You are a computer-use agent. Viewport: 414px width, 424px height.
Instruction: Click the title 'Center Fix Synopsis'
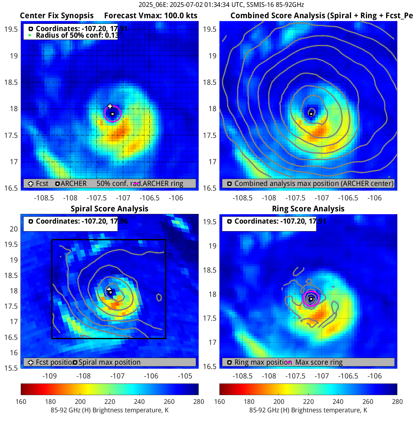tap(57, 16)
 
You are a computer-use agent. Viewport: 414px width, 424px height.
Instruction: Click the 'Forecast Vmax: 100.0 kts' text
tap(151, 16)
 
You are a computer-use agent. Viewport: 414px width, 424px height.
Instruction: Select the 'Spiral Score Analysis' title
tap(109, 209)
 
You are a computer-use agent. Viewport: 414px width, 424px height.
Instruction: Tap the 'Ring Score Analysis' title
tap(308, 209)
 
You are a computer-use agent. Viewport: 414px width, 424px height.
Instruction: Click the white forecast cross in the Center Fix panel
tap(110, 106)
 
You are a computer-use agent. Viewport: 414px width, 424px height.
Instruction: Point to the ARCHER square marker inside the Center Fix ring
tap(112, 114)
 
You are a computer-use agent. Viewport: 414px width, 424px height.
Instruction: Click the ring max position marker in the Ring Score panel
tap(311, 299)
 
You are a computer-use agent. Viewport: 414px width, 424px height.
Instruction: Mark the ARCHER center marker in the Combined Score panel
tap(311, 114)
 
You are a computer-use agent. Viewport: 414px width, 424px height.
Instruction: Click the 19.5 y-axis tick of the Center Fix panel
tap(11, 29)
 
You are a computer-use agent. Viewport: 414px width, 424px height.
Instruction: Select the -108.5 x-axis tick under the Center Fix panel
tap(44, 198)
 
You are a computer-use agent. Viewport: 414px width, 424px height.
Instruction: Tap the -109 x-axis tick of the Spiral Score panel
tap(49, 376)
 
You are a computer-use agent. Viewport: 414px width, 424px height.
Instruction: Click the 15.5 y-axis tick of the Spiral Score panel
tap(11, 368)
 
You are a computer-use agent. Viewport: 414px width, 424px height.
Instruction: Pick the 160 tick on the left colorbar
tap(21, 401)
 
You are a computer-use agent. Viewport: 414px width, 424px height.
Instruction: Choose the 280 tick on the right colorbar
tap(397, 401)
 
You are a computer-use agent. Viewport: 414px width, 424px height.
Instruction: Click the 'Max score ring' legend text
tap(319, 362)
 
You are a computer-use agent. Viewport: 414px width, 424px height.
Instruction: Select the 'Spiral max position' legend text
tap(109, 362)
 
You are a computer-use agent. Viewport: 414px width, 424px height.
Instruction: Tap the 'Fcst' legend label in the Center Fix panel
tap(42, 183)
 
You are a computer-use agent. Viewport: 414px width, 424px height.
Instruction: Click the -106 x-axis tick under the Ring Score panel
tap(374, 376)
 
